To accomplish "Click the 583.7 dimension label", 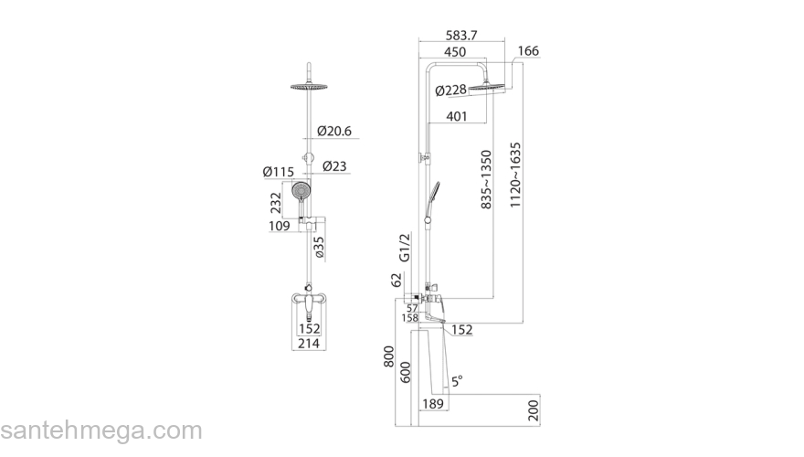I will [461, 36].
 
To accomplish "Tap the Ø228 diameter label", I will [452, 90].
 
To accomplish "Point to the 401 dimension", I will [459, 116].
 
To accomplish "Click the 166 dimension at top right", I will [528, 51].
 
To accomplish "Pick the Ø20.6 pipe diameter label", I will [334, 131].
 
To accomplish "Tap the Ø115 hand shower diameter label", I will [278, 172].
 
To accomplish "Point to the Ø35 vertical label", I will [319, 248].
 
